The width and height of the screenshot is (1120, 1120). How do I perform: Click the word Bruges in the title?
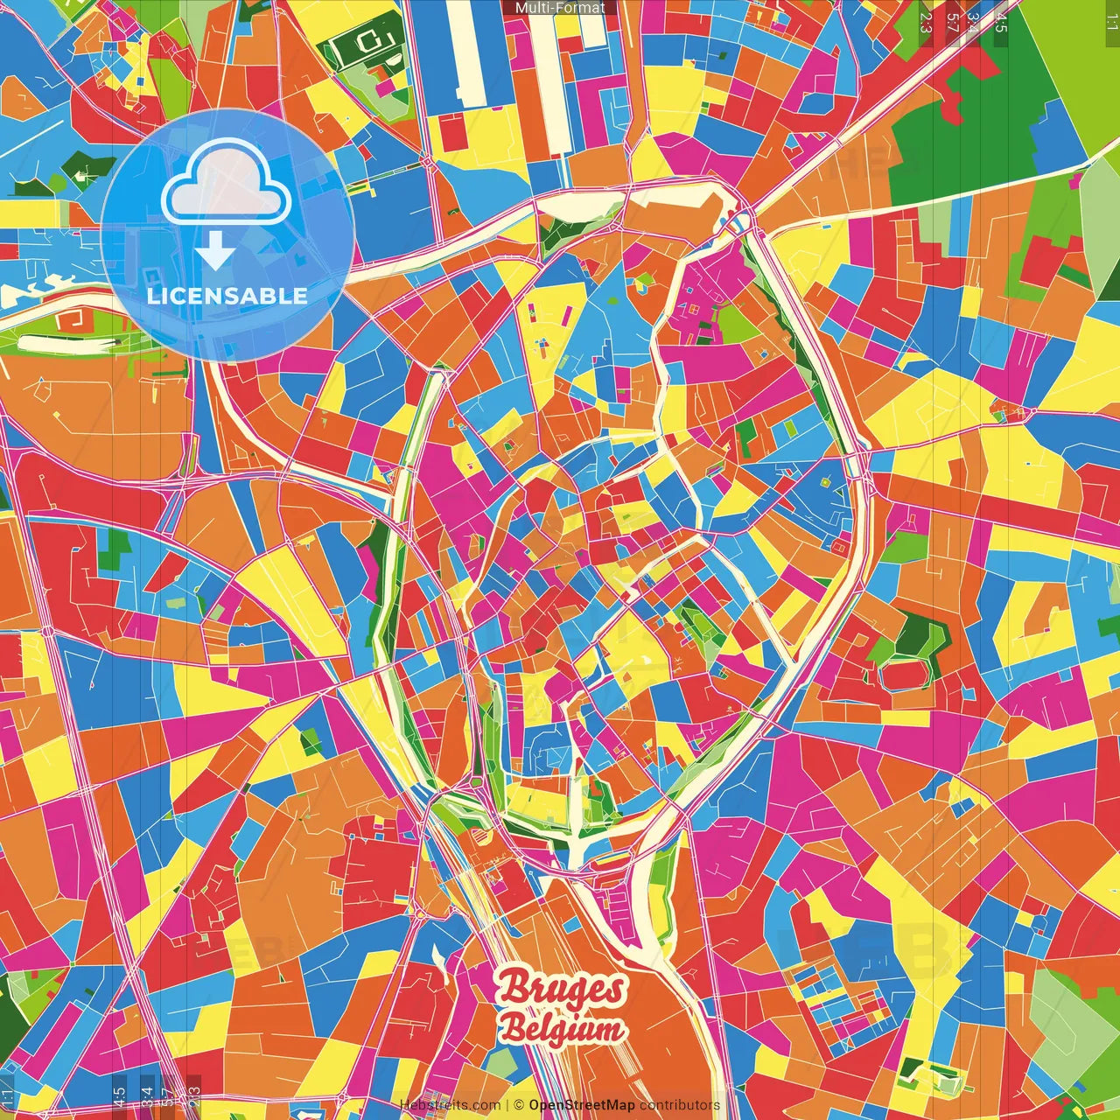tap(562, 989)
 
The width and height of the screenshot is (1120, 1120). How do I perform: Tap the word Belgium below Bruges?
tap(562, 1029)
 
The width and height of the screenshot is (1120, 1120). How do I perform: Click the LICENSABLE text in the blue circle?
tap(227, 296)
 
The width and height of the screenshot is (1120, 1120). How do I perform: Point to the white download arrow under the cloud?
tap(215, 253)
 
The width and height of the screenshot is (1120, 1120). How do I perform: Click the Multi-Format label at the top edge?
tap(560, 8)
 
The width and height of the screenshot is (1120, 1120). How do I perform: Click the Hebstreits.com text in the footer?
tap(451, 1105)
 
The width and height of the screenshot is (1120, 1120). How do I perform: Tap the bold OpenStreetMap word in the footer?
tap(582, 1105)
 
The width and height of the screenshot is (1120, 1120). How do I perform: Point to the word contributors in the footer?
tap(680, 1105)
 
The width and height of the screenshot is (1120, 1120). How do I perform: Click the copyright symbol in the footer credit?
tap(519, 1105)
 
